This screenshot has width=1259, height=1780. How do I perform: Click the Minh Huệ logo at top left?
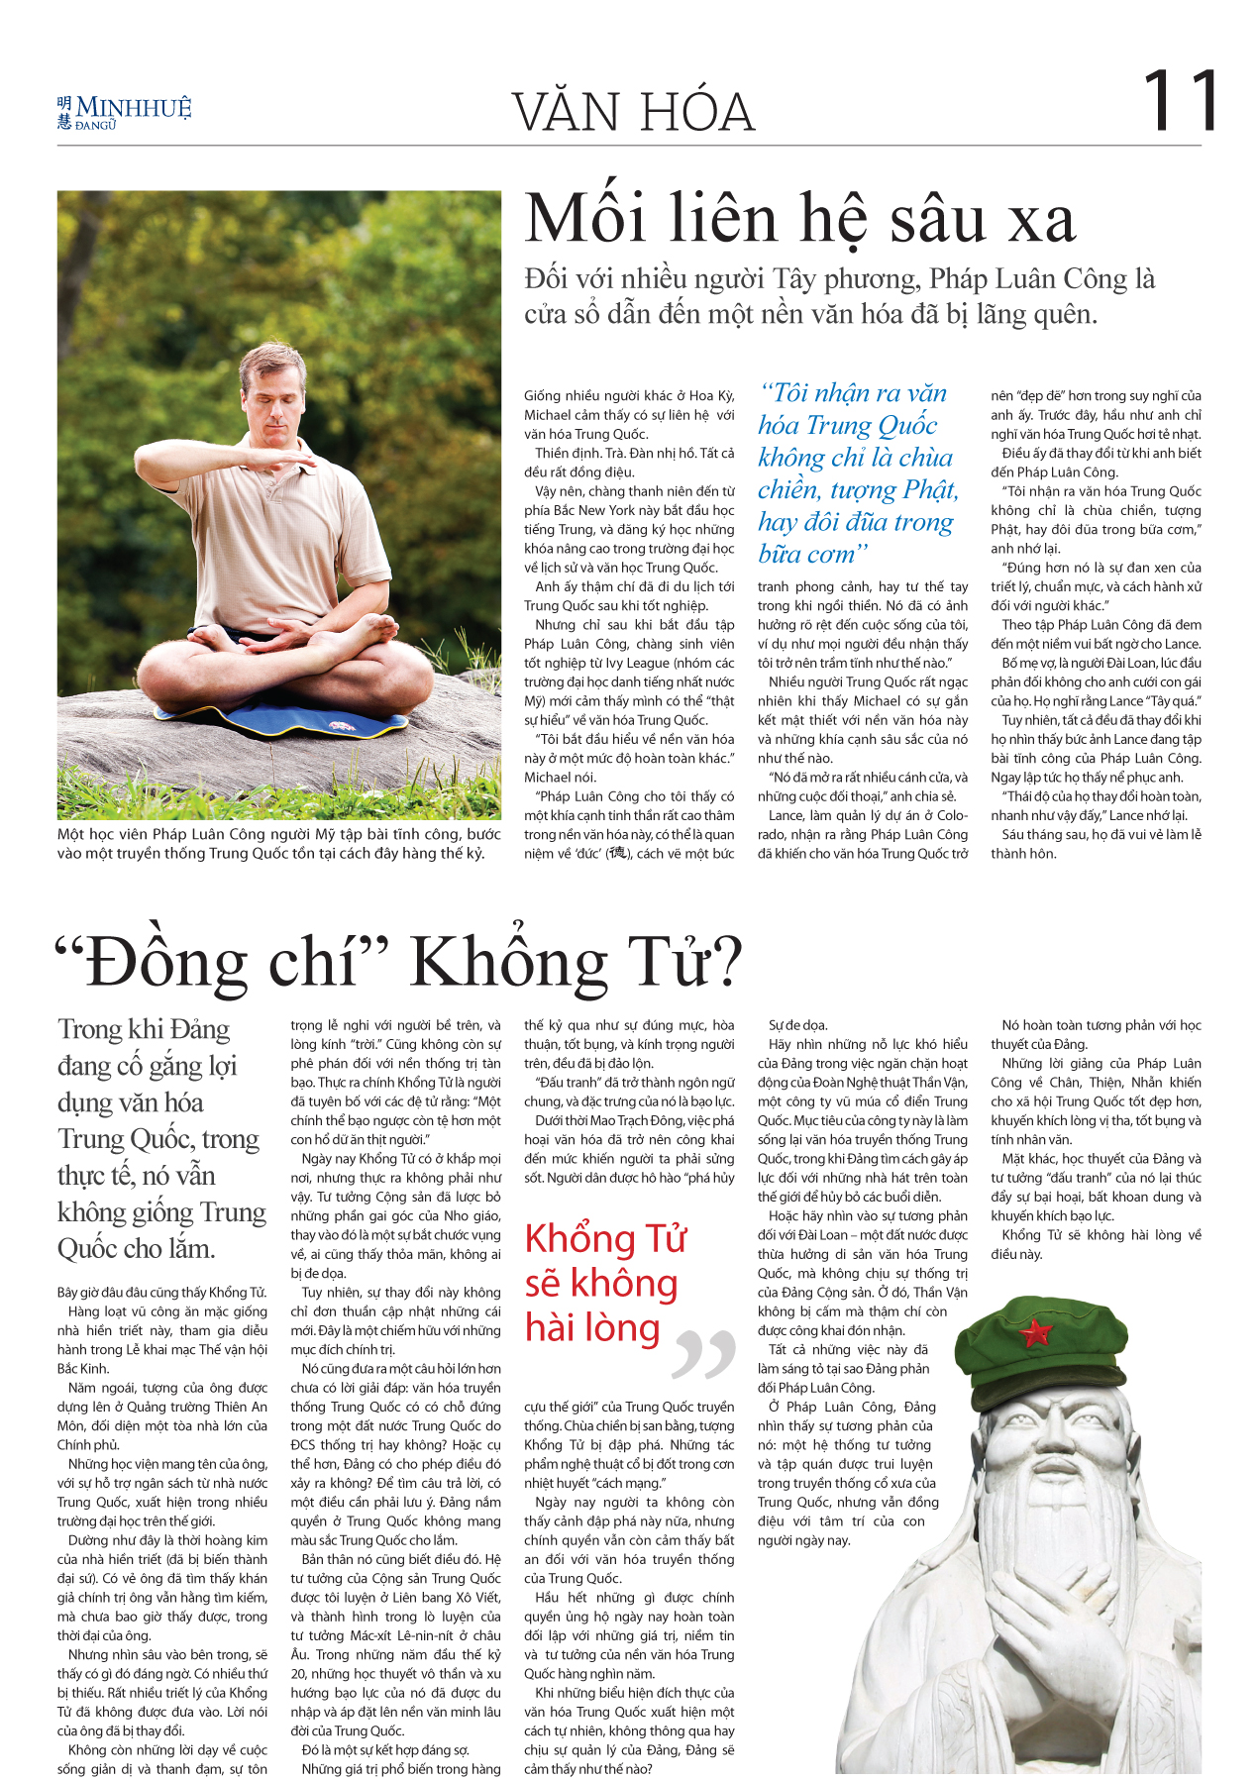point(124,112)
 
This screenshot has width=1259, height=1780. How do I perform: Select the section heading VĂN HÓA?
point(634,112)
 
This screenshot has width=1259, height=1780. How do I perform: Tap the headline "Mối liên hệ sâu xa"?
point(799,219)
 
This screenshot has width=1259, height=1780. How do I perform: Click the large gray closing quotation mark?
point(703,1354)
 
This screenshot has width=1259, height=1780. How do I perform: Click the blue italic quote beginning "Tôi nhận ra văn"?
point(857,472)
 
